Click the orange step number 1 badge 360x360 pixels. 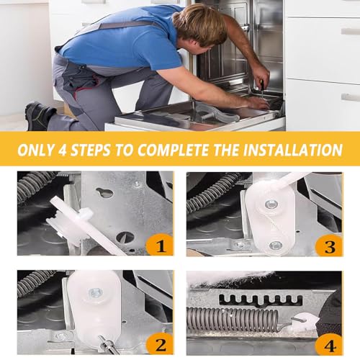coord(160,245)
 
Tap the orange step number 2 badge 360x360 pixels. coord(160,344)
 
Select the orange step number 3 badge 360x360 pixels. coord(329,246)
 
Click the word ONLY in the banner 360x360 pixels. coord(36,150)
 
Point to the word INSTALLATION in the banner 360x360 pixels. coord(293,150)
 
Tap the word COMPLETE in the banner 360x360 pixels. coord(173,150)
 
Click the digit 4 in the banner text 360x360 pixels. coord(63,150)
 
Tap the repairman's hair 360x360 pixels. coord(200,24)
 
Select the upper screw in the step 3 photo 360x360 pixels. coord(271,204)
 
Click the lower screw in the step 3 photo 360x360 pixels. coord(275,245)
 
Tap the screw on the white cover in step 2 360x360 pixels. coord(96,292)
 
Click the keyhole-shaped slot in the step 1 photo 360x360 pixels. coord(104,192)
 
